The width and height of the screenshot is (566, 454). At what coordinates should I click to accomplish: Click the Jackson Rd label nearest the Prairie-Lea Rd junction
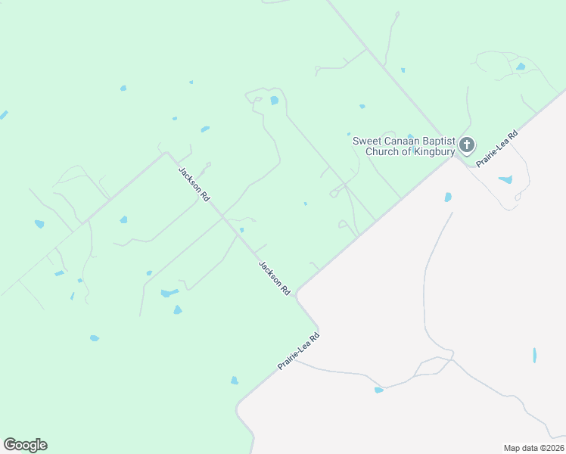point(275,278)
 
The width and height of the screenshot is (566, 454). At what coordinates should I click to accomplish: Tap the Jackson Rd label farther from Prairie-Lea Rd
point(194,183)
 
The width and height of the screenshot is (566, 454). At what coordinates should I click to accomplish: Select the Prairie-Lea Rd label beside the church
point(497,148)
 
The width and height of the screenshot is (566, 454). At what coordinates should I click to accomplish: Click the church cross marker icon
point(467,144)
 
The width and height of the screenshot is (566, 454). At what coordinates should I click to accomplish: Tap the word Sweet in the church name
point(368,141)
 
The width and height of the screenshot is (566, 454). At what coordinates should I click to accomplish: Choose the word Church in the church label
point(382,151)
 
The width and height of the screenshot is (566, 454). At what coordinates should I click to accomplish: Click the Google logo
point(25,445)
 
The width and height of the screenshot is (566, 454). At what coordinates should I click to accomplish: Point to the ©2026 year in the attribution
point(552,448)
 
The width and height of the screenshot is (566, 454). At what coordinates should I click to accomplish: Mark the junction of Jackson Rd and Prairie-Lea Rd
point(297,293)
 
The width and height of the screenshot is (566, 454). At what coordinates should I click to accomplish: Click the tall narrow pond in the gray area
point(534,355)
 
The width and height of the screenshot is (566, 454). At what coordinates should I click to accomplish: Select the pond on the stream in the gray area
point(378,390)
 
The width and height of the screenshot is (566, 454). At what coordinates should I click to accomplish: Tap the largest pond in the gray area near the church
point(505,180)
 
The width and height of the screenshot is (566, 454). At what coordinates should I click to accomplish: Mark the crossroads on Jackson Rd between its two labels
point(224,217)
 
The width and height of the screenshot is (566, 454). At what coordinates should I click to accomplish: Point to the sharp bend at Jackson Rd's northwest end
point(167,154)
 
